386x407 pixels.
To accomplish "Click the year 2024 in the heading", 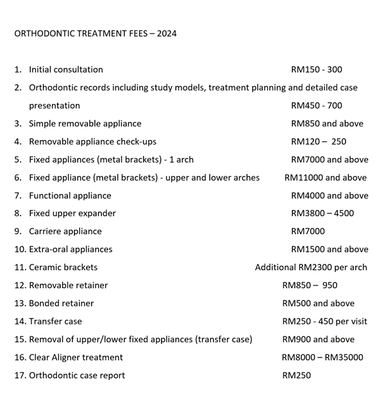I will click(165, 33).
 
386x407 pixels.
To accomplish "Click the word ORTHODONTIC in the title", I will click(42, 33).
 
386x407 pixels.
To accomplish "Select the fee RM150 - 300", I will click(317, 69).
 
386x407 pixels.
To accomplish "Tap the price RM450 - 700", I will click(317, 105).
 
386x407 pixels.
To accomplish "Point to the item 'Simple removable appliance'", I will click(85, 123).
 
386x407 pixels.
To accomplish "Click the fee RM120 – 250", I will click(319, 141).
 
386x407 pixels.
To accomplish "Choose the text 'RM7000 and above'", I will click(330, 159).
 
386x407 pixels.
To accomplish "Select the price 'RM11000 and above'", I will click(326, 177).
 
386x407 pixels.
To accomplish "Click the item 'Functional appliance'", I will click(70, 195).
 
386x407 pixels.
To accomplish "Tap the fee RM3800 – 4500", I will click(323, 213).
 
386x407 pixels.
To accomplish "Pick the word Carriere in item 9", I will click(47, 231).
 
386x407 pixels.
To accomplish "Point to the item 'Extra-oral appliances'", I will click(71, 249).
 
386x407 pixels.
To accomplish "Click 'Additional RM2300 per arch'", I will click(311, 267).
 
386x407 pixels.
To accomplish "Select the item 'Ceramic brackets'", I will click(63, 267).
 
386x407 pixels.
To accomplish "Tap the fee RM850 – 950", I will click(310, 285).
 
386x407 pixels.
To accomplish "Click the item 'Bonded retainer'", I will click(62, 303).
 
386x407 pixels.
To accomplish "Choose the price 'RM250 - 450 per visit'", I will click(325, 321).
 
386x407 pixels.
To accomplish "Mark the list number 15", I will click(20, 339).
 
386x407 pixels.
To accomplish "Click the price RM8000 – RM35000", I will click(323, 357).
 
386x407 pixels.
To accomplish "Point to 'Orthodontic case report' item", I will click(77, 375).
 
